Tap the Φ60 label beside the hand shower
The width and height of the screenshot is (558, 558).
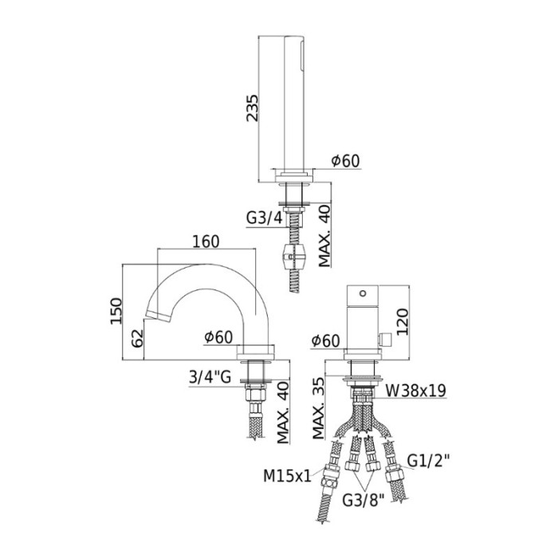click(x=345, y=160)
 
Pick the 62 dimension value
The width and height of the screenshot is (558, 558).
click(x=137, y=338)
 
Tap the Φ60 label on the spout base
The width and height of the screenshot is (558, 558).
click(x=218, y=337)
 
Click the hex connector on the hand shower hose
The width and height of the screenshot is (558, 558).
click(x=293, y=258)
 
